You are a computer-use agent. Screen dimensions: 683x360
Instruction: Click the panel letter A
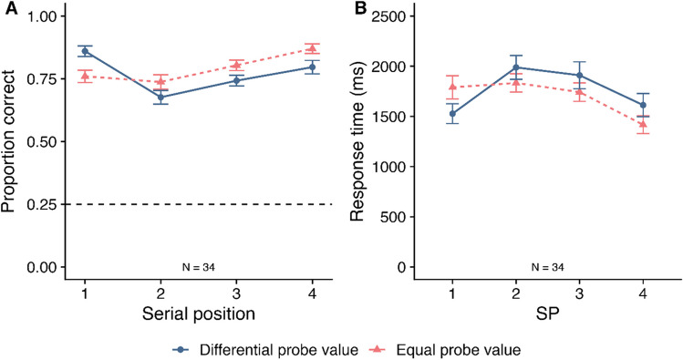(x=12, y=8)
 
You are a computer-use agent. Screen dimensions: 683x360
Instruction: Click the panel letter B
(x=362, y=8)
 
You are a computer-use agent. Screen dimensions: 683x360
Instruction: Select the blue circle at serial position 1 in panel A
(x=85, y=51)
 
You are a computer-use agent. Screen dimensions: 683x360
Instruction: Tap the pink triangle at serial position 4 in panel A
(x=312, y=48)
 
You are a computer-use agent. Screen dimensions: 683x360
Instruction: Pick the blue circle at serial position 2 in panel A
(x=160, y=98)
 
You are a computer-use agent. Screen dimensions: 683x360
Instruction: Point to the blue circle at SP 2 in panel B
(x=516, y=67)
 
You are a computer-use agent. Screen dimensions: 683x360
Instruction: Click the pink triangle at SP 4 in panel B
(x=643, y=124)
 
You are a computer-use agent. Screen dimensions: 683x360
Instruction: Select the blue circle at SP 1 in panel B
(x=452, y=114)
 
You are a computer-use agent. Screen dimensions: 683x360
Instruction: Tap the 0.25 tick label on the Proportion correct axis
(x=42, y=204)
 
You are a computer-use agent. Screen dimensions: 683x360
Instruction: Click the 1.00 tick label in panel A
(x=42, y=16)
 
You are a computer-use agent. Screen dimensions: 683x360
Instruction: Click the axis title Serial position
(x=199, y=314)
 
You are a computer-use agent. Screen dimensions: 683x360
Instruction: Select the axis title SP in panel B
(x=547, y=314)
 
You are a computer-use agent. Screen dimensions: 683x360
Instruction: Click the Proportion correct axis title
(x=8, y=141)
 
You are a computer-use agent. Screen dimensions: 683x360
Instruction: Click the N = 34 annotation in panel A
(x=199, y=267)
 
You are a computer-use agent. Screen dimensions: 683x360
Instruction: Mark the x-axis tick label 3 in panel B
(x=579, y=294)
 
